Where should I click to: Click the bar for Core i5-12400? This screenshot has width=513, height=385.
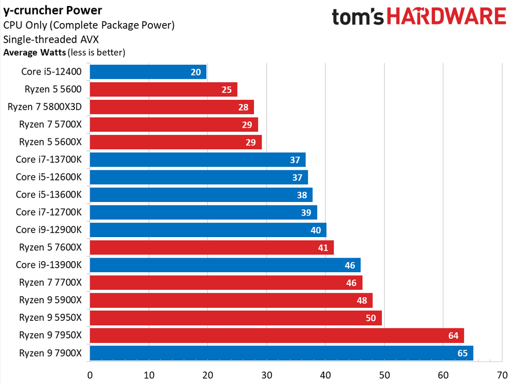(148, 72)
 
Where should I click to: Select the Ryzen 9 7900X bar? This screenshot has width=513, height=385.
(281, 353)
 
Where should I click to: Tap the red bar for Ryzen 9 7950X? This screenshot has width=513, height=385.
(277, 335)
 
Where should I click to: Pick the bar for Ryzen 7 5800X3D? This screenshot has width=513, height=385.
(171, 107)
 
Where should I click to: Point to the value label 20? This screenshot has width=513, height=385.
(196, 72)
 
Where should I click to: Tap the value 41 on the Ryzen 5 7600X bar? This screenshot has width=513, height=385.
(323, 248)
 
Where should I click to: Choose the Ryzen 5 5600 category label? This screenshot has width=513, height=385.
(53, 89)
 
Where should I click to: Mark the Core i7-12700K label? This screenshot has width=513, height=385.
(48, 212)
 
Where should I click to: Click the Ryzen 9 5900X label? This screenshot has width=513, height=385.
(50, 300)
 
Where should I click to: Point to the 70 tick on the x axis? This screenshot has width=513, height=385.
(502, 374)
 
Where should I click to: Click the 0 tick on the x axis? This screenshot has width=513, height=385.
(90, 374)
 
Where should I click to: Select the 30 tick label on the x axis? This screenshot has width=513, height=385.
(267, 374)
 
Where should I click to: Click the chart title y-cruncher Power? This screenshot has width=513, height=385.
(53, 10)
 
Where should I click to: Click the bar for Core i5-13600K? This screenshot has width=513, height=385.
(201, 195)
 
